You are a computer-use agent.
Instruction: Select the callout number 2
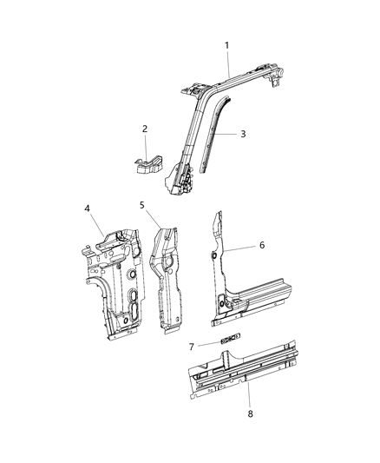coord(145,129)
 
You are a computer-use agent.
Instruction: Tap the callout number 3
coord(243,134)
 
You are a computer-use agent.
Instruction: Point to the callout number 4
coord(88,208)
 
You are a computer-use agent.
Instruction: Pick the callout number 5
coord(141,205)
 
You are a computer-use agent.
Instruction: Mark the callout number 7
coord(191,347)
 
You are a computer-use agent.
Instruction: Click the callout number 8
coord(250,413)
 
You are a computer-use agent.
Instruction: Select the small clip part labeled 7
coord(231,338)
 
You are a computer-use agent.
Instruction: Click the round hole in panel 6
coord(213,256)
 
